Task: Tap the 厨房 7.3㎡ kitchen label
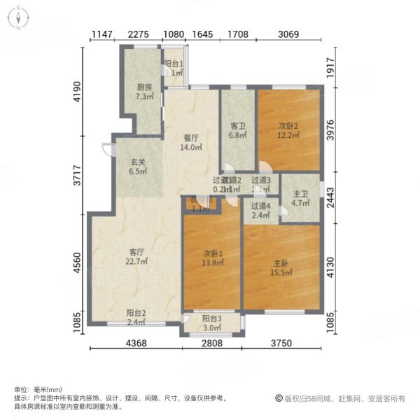(145, 93)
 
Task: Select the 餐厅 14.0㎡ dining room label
(191, 143)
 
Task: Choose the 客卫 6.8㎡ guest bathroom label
(238, 131)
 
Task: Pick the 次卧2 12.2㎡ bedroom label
(288, 131)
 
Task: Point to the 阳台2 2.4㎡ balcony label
(136, 318)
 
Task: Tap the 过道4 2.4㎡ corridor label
(260, 211)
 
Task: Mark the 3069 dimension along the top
(289, 34)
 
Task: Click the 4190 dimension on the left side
(79, 92)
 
